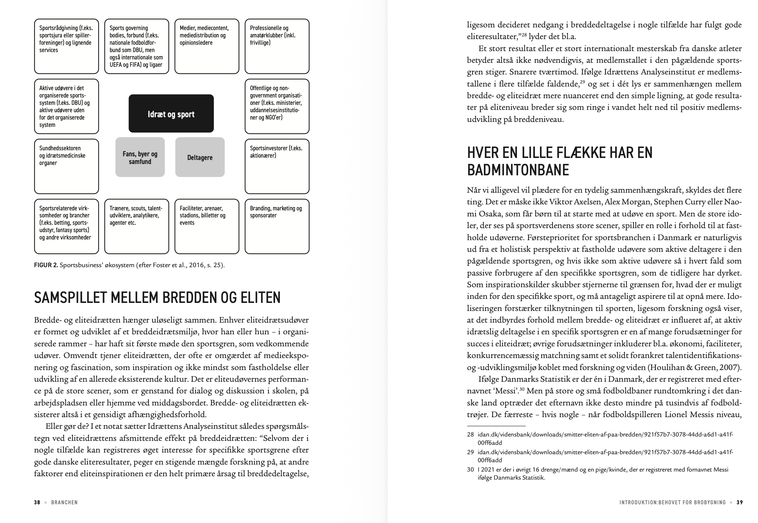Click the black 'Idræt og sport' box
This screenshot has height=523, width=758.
coord(171,114)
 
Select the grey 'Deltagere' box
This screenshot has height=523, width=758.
coord(200,157)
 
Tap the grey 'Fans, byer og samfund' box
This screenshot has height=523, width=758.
coord(140,157)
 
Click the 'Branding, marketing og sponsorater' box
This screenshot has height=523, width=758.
coord(277,226)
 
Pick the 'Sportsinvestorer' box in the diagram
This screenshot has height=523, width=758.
coord(277,166)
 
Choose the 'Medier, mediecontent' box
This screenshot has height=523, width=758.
coord(207,46)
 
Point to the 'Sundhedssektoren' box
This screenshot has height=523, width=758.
coord(66,166)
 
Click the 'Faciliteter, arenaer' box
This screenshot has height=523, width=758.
coord(207,226)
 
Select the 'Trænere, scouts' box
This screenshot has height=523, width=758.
coord(137,226)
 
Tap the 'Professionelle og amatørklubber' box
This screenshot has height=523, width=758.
coord(277,46)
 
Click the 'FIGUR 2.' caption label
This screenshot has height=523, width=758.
coord(46,266)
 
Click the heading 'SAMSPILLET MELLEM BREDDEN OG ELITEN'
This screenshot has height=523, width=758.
coord(157,298)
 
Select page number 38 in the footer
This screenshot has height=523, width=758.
coord(37,502)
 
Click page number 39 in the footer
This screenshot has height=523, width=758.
coord(740,502)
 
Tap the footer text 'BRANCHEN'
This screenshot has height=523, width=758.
coord(64,502)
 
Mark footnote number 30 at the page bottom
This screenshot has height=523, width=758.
coord(470,470)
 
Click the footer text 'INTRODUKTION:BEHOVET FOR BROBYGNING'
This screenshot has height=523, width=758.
coord(672,502)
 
